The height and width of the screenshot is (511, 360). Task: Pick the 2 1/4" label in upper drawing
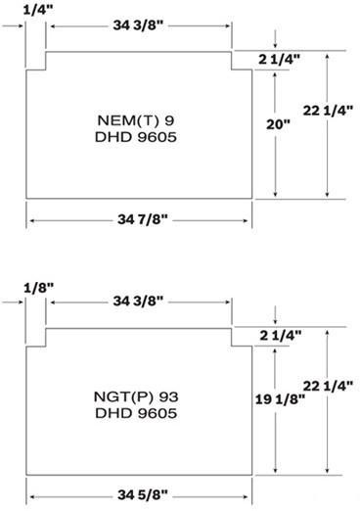pyautogui.click(x=280, y=61)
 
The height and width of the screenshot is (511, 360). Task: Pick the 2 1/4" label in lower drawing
pyautogui.click(x=280, y=337)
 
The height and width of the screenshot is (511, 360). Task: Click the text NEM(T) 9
pyautogui.click(x=138, y=119)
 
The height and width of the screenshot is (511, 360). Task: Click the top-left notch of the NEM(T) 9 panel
pyautogui.click(x=36, y=62)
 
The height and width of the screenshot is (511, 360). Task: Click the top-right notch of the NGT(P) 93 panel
pyautogui.click(x=241, y=338)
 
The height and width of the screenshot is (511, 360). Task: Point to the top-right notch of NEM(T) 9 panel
pyautogui.click(x=241, y=62)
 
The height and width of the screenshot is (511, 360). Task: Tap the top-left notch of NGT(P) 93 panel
pyautogui.click(x=36, y=338)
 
